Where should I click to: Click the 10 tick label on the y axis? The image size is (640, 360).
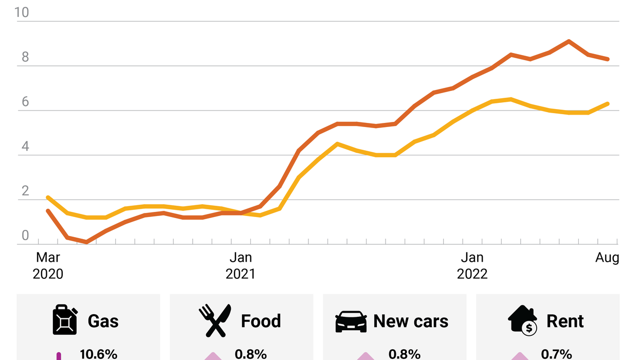pyautogui.click(x=22, y=12)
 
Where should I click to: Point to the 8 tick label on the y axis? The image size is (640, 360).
pyautogui.click(x=25, y=57)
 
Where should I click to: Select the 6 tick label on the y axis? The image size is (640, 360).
pyautogui.click(x=25, y=102)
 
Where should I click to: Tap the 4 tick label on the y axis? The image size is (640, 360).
pyautogui.click(x=25, y=147)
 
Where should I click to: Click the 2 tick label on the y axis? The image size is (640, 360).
pyautogui.click(x=25, y=191)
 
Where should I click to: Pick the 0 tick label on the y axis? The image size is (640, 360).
pyautogui.click(x=25, y=236)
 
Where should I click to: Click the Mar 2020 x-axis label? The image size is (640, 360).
pyautogui.click(x=48, y=265)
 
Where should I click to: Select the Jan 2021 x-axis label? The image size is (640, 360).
pyautogui.click(x=240, y=265)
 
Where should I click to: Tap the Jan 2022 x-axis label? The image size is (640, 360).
pyautogui.click(x=472, y=265)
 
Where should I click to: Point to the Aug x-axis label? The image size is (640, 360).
pyautogui.click(x=607, y=257)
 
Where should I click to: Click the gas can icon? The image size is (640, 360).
pyautogui.click(x=65, y=320)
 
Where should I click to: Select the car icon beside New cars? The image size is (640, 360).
pyautogui.click(x=351, y=321)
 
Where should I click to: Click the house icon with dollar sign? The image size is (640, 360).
pyautogui.click(x=523, y=320)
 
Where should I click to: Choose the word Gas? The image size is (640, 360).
pyautogui.click(x=103, y=321)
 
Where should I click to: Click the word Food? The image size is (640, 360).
pyautogui.click(x=261, y=321)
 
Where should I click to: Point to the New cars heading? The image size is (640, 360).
pyautogui.click(x=411, y=321)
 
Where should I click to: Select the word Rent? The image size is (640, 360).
pyautogui.click(x=565, y=321)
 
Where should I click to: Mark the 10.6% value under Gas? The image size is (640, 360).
pyautogui.click(x=99, y=354)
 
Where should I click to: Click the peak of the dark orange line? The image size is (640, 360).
pyautogui.click(x=569, y=41)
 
